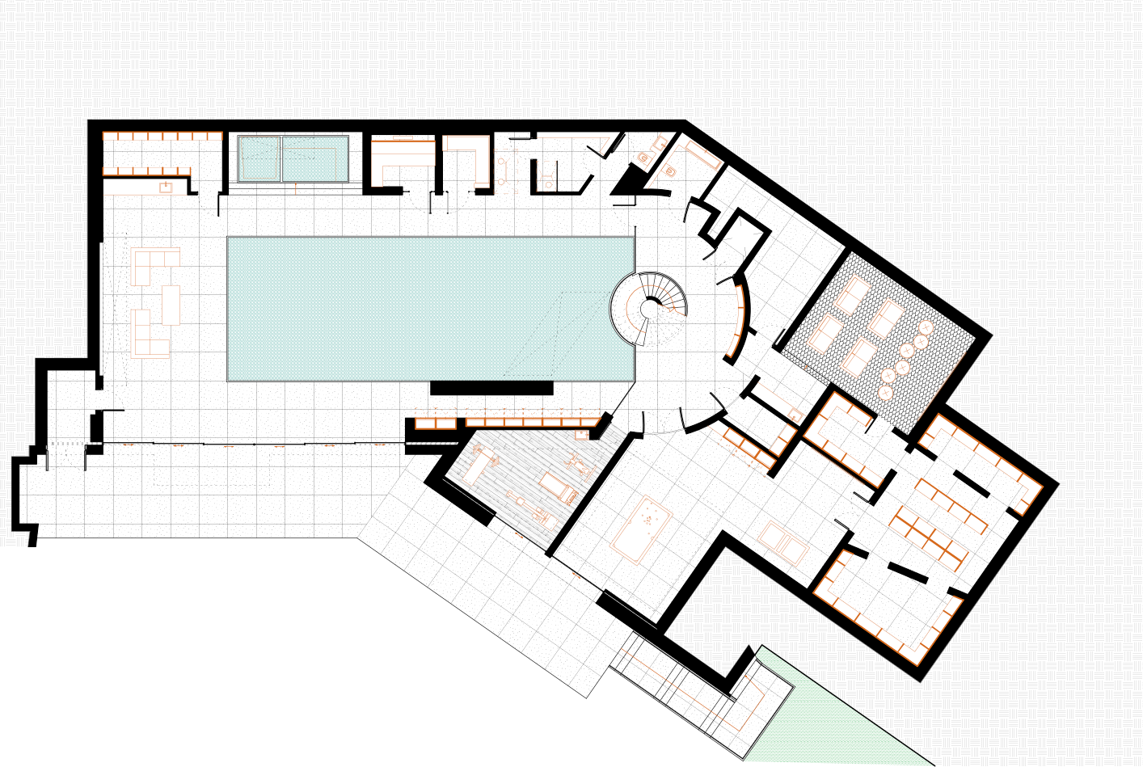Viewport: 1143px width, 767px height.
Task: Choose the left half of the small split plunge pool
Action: pos(259,158)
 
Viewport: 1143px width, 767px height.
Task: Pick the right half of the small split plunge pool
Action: pos(314,158)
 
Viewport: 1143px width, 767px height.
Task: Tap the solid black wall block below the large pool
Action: pos(491,389)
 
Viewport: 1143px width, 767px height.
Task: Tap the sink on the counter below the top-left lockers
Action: pos(166,188)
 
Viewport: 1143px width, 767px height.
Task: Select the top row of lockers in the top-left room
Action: pos(162,136)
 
